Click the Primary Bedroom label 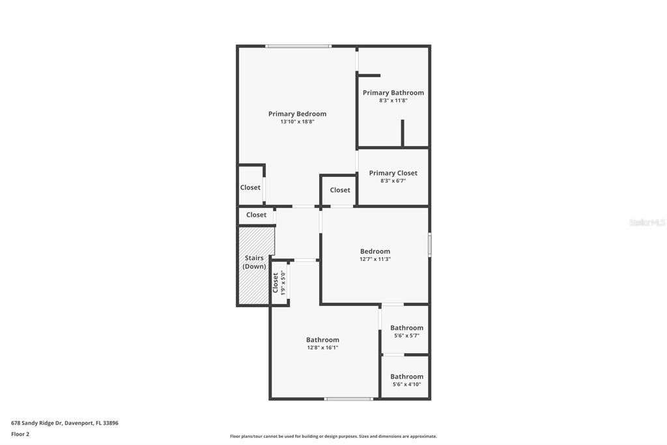(x=297, y=114)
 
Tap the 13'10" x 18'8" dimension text (x=297, y=122)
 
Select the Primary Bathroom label (x=393, y=93)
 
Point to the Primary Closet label (x=393, y=173)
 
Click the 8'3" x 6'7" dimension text (x=393, y=181)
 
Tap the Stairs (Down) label (x=254, y=262)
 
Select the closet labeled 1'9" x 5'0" (x=279, y=283)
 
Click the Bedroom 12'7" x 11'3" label (x=375, y=251)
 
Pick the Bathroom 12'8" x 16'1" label (x=323, y=340)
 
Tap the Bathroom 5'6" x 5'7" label (x=406, y=328)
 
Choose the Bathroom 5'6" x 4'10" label (x=406, y=376)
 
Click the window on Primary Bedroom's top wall (x=298, y=46)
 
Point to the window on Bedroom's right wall (x=429, y=245)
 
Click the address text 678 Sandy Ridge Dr (x=64, y=423)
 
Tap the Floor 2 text (x=20, y=433)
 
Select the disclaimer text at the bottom (x=333, y=437)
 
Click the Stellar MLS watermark (x=647, y=222)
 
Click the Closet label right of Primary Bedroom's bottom (x=340, y=190)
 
